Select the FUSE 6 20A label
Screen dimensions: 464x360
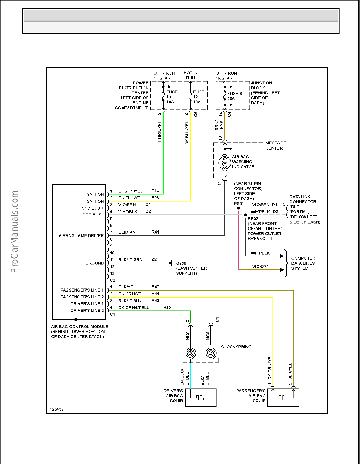pos(234,96)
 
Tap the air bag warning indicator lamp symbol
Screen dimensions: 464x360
pos(225,163)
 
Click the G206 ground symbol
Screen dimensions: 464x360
pos(171,263)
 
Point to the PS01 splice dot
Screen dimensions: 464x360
pos(238,208)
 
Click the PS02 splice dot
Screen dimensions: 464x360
pos(245,215)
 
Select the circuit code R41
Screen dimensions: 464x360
pos(155,232)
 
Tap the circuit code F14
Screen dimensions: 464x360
pos(155,191)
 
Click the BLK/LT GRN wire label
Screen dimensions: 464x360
pos(130,259)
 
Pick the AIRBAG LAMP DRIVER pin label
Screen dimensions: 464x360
pos(81,236)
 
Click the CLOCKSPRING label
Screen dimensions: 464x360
pos(236,347)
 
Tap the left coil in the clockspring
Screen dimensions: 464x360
pos(190,353)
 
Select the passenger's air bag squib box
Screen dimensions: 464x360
pos(283,397)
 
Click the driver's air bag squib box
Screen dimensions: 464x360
pos(201,397)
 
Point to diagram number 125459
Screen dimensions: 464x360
pos(57,409)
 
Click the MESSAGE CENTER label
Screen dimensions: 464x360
pos(275,145)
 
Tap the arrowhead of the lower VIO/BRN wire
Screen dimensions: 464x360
pos(281,270)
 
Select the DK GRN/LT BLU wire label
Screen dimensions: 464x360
pos(134,308)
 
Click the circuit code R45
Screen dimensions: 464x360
pos(167,307)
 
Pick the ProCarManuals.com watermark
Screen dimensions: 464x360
pos(14,231)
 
